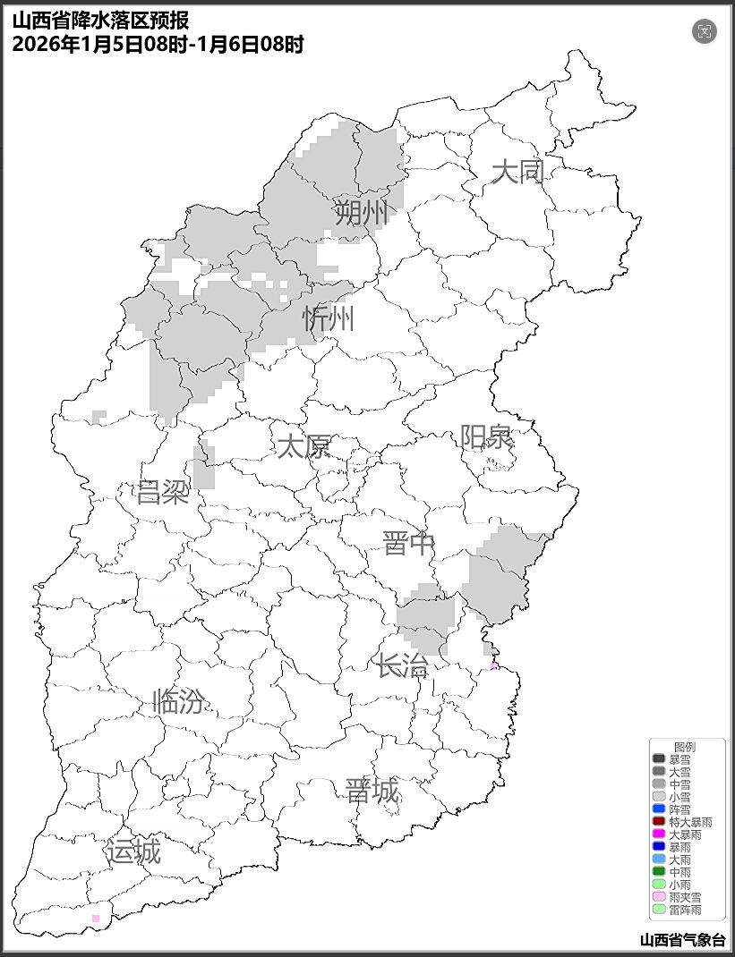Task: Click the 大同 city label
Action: [518, 172]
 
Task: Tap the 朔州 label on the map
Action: [363, 214]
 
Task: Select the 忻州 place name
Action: [329, 318]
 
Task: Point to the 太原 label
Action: [303, 446]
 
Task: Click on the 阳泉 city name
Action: [486, 437]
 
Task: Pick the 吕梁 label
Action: [163, 492]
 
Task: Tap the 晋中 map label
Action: [408, 543]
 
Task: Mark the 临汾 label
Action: [179, 702]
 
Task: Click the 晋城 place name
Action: [372, 791]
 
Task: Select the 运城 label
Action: [133, 852]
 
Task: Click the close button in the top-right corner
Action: [705, 31]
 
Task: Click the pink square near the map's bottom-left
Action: [96, 919]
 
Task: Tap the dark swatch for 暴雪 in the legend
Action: [659, 758]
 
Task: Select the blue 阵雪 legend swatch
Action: [659, 809]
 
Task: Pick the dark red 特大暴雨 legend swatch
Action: [659, 821]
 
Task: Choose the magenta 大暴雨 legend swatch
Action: [659, 834]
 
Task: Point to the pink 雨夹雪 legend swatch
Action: [659, 897]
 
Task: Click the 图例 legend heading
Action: [685, 746]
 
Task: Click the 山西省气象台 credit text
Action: [682, 940]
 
